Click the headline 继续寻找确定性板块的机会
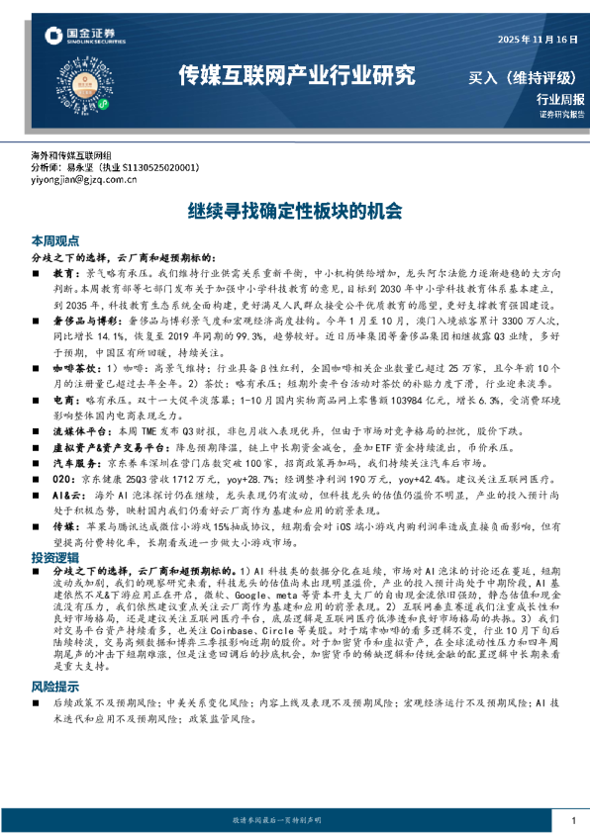point(295,211)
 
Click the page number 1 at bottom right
point(573,821)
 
